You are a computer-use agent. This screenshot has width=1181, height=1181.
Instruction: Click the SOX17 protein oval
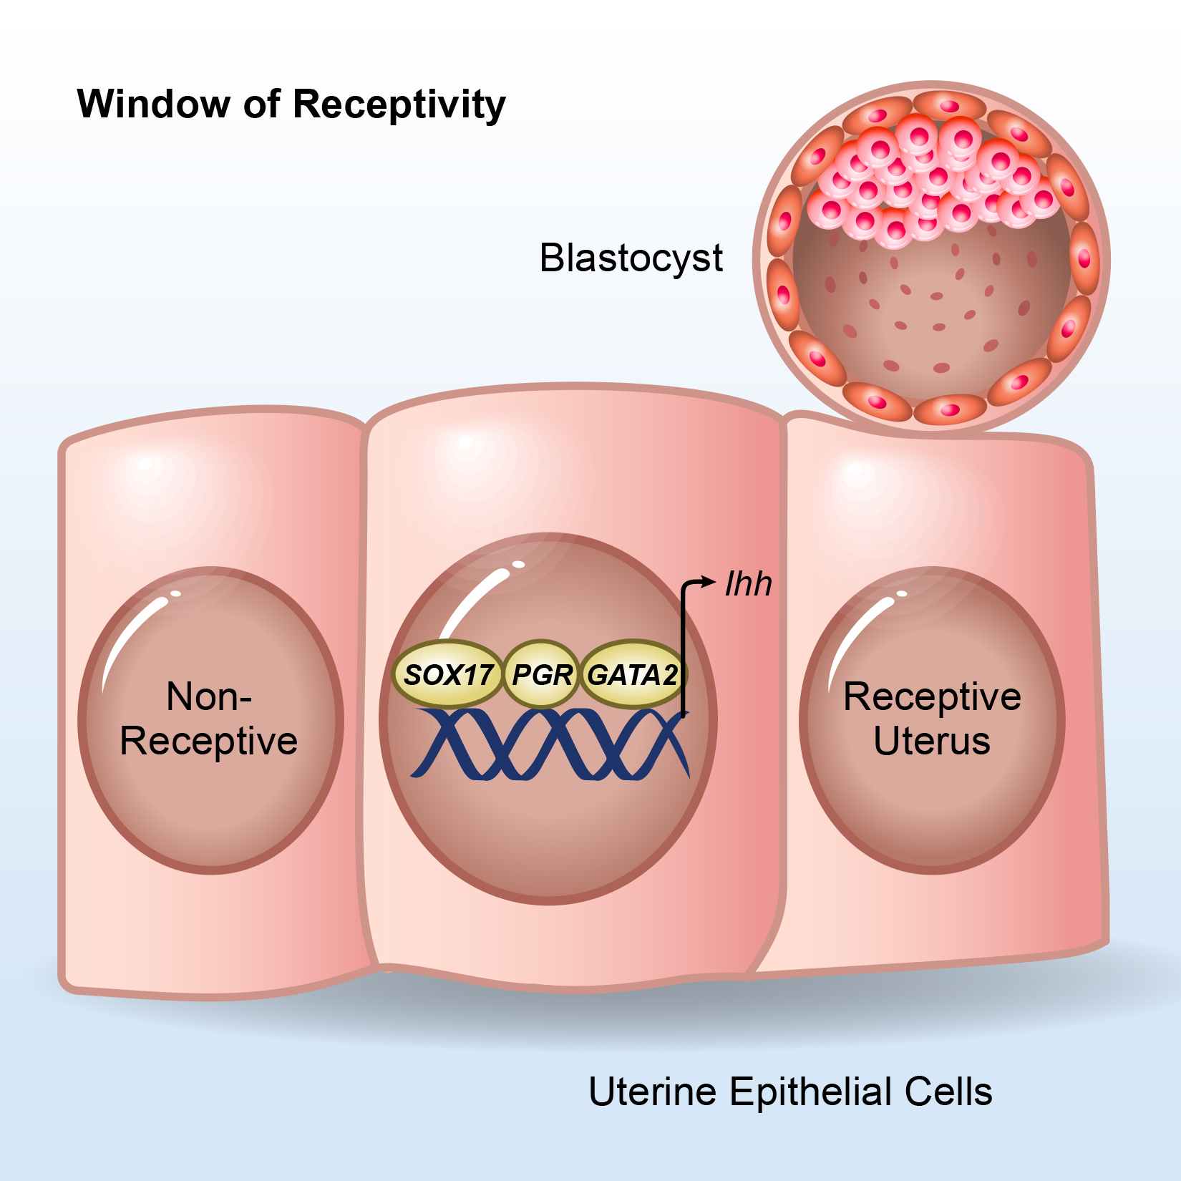click(448, 674)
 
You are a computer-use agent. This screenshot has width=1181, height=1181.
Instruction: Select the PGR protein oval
click(542, 674)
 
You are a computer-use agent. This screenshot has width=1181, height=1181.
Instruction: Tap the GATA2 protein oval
click(632, 674)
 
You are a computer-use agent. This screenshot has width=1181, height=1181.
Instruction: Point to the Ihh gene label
click(748, 584)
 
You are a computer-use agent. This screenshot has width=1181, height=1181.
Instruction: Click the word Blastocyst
click(631, 258)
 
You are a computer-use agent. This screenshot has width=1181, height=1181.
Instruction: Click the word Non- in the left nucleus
click(208, 696)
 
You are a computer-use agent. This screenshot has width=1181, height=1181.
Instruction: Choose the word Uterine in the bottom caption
click(652, 1092)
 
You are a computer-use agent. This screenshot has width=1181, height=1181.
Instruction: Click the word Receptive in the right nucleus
click(932, 696)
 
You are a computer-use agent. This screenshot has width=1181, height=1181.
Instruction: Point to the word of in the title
click(261, 104)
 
